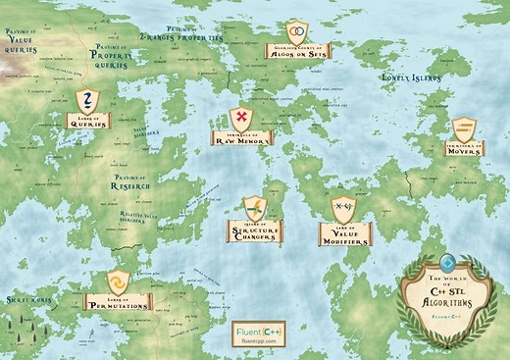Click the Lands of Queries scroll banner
click(x=87, y=121)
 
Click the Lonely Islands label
click(x=410, y=75)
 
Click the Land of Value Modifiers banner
click(x=344, y=234)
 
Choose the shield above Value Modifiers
click(x=343, y=209)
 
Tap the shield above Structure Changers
click(x=255, y=207)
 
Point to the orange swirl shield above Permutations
click(x=118, y=280)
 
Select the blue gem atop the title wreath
click(x=448, y=263)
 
